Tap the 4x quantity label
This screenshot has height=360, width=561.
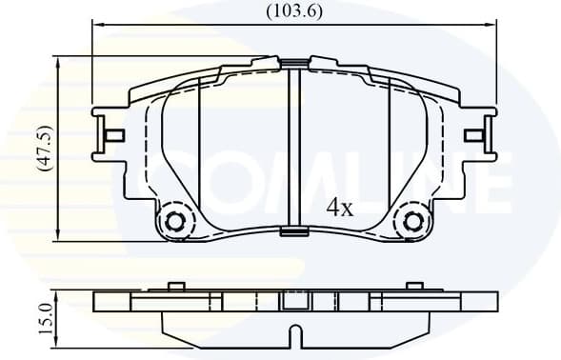click(x=339, y=208)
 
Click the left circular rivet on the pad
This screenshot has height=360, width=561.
click(x=175, y=222)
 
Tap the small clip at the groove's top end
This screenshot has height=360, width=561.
click(x=294, y=64)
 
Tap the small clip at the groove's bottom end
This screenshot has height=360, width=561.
click(x=294, y=229)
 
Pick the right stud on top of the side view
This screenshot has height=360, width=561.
click(x=413, y=285)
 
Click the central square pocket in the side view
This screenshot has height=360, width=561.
click(x=294, y=301)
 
